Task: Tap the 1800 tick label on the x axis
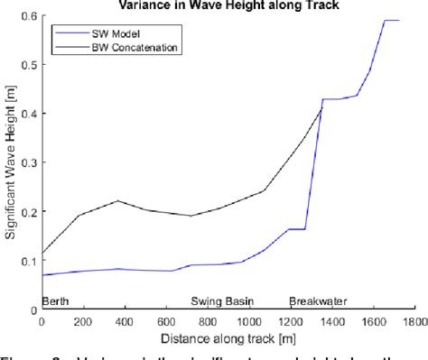414,320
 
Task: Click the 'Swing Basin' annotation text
222,301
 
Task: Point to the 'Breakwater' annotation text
318,301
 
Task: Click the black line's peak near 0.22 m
117,200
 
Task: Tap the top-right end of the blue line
398,20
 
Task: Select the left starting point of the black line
42,254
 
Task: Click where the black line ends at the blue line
322,108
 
